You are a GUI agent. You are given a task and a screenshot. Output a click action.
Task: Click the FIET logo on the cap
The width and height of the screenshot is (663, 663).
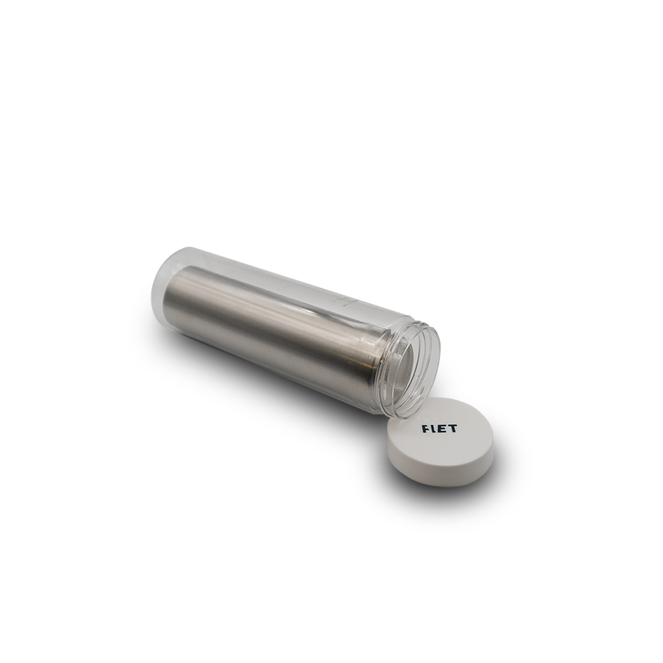click(x=440, y=429)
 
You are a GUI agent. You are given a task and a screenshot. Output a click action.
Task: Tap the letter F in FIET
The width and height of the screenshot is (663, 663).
click(x=426, y=429)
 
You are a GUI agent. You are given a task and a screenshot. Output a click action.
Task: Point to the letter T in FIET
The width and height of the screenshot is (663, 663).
click(x=453, y=429)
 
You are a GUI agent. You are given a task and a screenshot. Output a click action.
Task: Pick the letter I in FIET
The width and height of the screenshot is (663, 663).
click(x=433, y=429)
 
